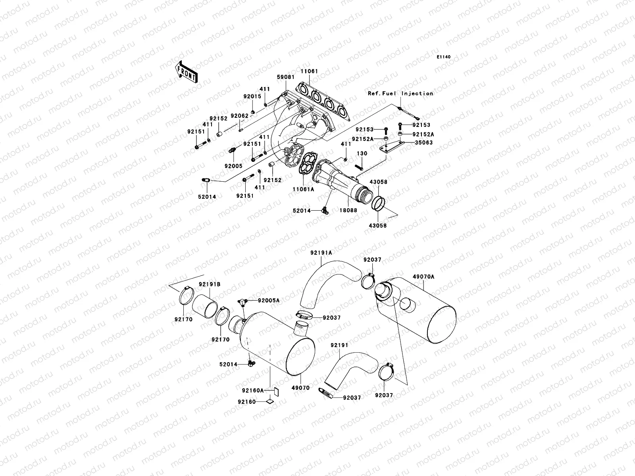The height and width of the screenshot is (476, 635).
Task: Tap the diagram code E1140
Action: coord(443,57)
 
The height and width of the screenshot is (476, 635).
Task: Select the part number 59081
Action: coord(285,77)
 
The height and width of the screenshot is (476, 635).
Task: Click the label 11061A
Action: coord(303,189)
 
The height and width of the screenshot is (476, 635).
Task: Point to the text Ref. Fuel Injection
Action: coord(400,93)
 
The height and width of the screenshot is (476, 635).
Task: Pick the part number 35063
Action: coord(423,142)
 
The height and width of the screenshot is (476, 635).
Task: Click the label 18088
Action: coord(348,210)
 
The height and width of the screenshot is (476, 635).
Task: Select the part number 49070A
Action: coord(423,276)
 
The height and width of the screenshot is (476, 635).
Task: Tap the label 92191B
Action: coord(210,284)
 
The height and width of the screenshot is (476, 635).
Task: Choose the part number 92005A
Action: coord(269,301)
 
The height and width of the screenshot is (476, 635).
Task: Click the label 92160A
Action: coord(252,391)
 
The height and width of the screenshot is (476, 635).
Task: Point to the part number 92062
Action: coord(240,116)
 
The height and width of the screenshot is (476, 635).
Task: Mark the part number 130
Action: coord(362,154)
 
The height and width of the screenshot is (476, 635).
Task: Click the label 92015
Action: coord(252,96)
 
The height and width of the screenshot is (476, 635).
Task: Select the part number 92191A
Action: coord(321,253)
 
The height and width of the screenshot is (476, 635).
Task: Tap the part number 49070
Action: coord(300,388)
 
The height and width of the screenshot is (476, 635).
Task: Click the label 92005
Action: coord(233,166)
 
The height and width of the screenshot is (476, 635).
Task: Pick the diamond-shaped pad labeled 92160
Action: coord(270,401)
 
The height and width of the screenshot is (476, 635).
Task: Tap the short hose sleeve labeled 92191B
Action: coord(205,306)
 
